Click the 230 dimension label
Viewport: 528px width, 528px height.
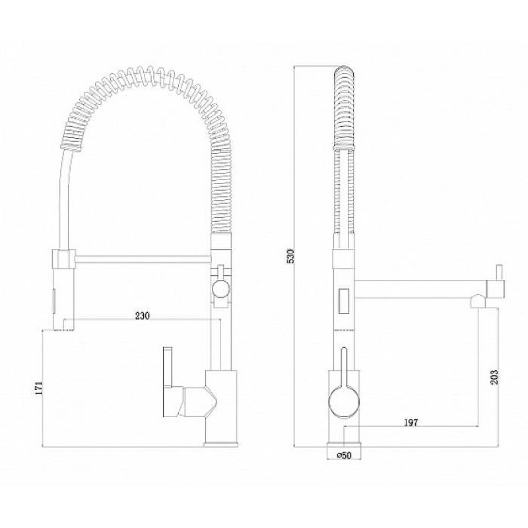(x=142, y=316)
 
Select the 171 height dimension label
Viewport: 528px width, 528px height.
(x=40, y=388)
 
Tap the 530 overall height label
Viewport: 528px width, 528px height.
(x=291, y=256)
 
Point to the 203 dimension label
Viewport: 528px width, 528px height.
(x=494, y=378)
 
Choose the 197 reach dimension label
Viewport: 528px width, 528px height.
(x=411, y=422)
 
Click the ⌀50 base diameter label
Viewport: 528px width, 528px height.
(x=344, y=455)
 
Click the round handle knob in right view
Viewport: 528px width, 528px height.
(x=344, y=403)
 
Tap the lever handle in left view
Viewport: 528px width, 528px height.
(x=168, y=367)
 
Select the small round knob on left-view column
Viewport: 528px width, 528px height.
(x=221, y=288)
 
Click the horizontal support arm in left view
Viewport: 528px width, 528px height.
(x=142, y=259)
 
